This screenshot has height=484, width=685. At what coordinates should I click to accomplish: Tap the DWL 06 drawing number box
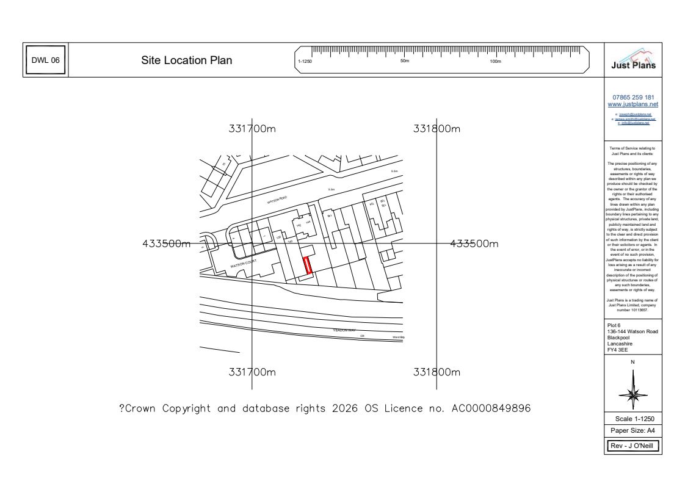[46, 60]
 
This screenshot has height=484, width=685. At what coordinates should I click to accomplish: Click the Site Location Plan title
[186, 60]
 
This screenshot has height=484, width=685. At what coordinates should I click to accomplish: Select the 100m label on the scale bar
[495, 62]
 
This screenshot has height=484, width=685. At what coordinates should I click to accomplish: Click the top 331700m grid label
[253, 129]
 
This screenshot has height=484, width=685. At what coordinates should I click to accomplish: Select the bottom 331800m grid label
[436, 372]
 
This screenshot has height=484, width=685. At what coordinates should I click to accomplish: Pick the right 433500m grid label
[474, 244]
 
